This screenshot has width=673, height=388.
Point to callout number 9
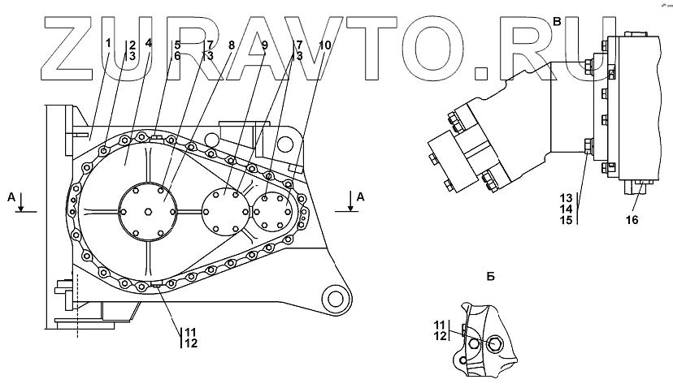[x=263, y=45]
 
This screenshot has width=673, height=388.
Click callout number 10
[x=325, y=45]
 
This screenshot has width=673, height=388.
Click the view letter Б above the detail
[x=490, y=276]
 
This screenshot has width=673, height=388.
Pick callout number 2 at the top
[x=132, y=45]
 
